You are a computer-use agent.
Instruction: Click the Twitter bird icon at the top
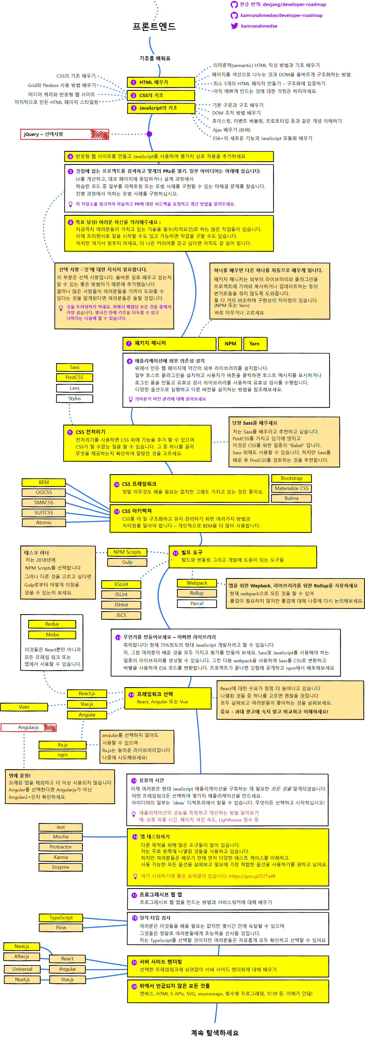234,26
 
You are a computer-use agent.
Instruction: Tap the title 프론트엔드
154,27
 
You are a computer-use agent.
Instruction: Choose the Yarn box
255,343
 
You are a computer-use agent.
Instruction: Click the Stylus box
75,398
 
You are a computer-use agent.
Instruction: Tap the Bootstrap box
291,478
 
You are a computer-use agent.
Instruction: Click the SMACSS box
43,503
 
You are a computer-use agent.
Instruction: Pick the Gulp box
127,562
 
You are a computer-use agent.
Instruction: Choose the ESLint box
121,584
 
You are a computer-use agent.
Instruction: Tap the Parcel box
197,603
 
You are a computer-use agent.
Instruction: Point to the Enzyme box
60,867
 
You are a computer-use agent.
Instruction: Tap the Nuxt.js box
22,979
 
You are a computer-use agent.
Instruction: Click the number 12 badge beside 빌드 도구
176,553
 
